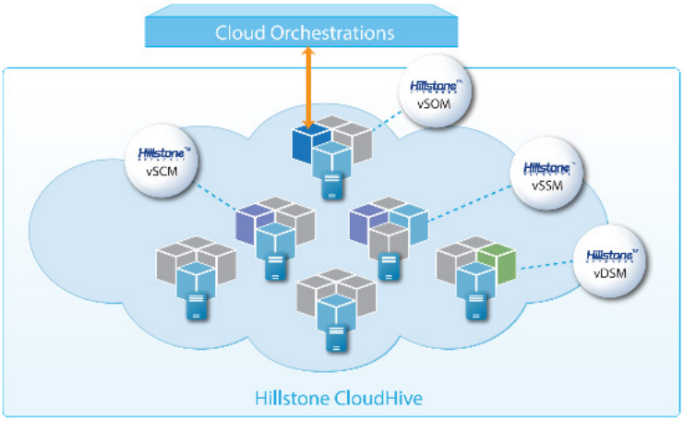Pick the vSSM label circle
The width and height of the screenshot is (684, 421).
point(547,175)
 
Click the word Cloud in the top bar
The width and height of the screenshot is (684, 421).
point(238,32)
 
